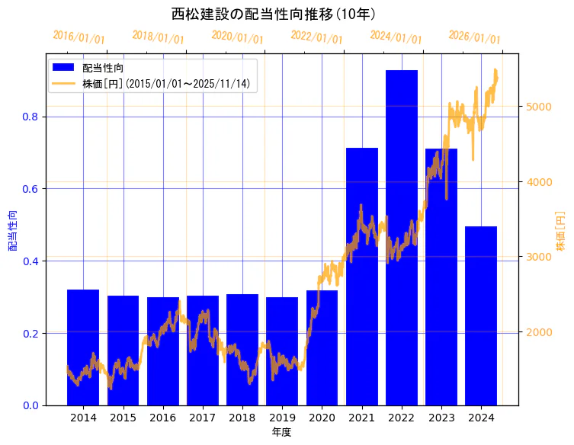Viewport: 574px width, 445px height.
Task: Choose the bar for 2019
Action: tap(282, 351)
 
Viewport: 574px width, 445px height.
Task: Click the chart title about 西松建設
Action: tap(273, 14)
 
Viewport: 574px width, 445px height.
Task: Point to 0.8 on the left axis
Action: tap(30, 117)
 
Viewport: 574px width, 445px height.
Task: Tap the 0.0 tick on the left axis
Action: tap(30, 405)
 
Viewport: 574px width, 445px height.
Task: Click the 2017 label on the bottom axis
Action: tap(202, 418)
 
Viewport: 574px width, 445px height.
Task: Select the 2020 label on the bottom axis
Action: tap(322, 418)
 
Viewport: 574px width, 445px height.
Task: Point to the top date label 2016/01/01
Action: tap(79, 37)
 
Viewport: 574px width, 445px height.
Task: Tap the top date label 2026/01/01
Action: tap(474, 37)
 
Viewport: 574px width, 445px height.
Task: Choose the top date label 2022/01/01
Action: tap(316, 37)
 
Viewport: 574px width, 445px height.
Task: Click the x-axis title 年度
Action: tap(281, 432)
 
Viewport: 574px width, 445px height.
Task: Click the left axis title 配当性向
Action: tap(12, 230)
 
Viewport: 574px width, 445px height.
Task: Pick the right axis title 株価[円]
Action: tap(560, 230)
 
